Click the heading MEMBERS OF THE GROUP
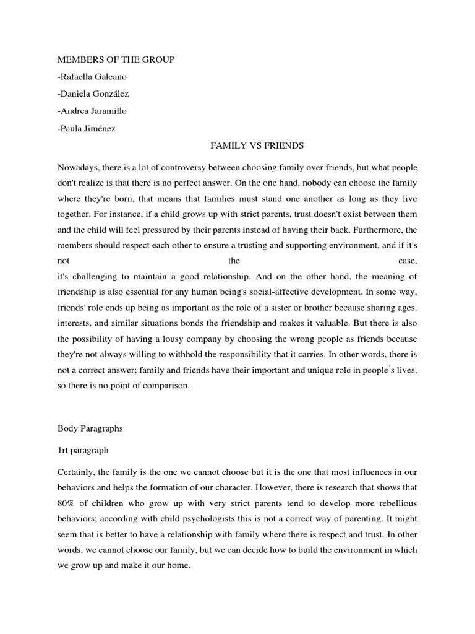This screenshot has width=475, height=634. [x=116, y=59]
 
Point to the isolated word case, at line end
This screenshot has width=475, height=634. [x=408, y=260]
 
